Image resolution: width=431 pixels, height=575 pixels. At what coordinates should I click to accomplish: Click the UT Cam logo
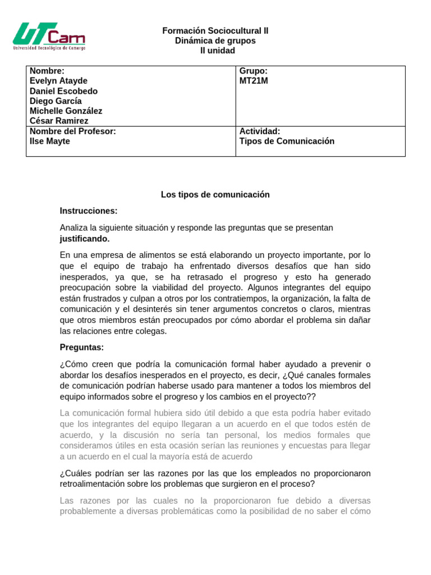point(49,37)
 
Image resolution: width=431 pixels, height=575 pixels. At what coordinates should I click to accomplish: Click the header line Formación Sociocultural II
point(215,31)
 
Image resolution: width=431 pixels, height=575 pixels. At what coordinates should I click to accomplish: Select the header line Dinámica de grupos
point(215,41)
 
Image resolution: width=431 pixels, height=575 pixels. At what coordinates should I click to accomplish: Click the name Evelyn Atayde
point(58,81)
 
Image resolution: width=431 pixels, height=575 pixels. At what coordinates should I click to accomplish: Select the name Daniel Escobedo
point(63,91)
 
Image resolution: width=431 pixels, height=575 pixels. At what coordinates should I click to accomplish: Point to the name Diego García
point(56,101)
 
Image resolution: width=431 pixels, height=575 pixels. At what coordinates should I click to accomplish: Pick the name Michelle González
point(66,111)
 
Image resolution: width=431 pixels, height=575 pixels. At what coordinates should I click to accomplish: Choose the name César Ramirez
point(58,121)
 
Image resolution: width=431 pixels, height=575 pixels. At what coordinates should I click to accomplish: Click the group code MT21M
point(254,81)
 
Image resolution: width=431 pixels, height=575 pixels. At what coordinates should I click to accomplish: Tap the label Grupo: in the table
point(253,71)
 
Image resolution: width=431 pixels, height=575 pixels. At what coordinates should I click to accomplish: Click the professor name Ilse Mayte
point(49,141)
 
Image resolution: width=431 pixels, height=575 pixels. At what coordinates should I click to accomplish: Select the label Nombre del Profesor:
point(72,131)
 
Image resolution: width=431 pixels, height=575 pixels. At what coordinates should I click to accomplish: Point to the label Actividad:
point(259,131)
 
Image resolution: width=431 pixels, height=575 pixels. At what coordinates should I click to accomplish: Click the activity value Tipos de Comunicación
point(287,141)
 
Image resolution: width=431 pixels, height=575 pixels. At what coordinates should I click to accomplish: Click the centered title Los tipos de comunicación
point(215,194)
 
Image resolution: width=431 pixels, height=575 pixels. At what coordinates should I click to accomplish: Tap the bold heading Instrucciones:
point(89,211)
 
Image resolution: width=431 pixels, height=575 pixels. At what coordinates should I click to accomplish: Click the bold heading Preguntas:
point(82,347)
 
